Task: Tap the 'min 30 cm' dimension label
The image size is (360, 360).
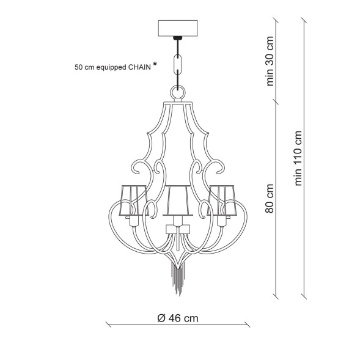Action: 270,61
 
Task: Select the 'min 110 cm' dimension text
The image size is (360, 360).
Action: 298,158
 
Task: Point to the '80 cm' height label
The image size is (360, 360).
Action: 270,199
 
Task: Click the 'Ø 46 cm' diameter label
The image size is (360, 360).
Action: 178,318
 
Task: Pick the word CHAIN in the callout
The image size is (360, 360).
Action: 139,67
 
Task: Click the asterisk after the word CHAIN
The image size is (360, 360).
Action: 155,64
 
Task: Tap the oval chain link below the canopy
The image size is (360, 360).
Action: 178,64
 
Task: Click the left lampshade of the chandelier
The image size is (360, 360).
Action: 134,200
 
